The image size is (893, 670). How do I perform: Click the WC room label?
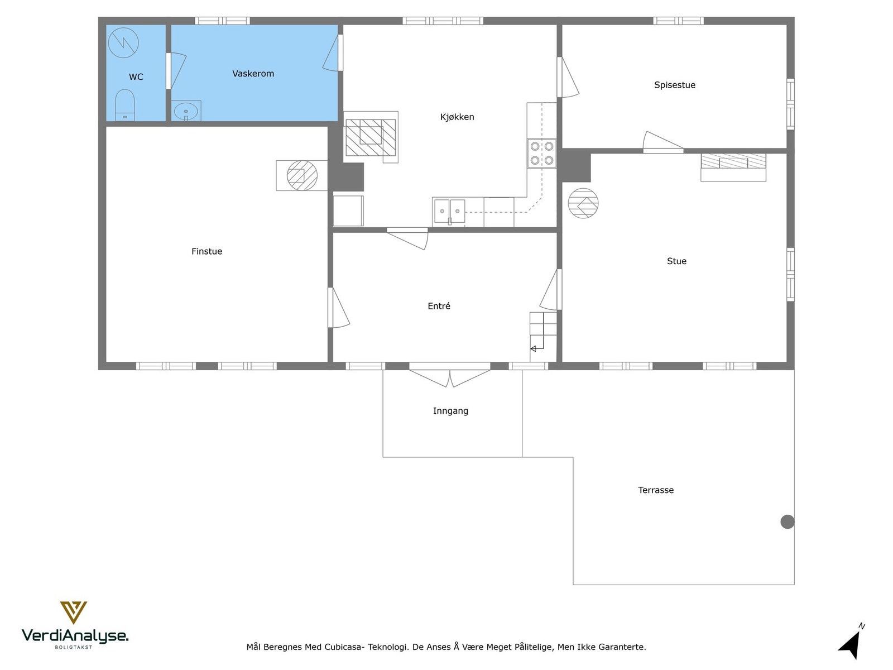click(x=136, y=77)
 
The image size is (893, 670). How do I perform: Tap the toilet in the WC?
click(x=125, y=105)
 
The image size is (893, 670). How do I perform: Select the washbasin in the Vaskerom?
click(x=186, y=111)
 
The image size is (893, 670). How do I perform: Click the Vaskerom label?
click(x=253, y=74)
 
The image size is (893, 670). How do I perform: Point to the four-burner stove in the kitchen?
click(x=541, y=153)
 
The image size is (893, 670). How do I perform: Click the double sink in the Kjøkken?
click(x=449, y=211)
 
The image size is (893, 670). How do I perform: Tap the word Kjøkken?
click(x=457, y=117)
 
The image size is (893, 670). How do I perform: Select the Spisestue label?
click(x=675, y=85)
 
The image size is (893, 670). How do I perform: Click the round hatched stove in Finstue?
click(x=302, y=176)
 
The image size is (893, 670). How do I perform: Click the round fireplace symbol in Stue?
click(x=583, y=203)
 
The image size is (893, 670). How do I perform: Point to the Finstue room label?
click(x=207, y=251)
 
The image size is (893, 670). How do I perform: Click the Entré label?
click(x=439, y=306)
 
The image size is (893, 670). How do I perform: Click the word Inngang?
click(x=450, y=411)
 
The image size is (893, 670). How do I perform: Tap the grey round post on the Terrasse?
click(x=787, y=521)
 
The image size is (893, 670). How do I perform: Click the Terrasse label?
click(x=655, y=490)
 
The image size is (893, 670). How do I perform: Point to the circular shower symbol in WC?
click(x=123, y=42)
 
